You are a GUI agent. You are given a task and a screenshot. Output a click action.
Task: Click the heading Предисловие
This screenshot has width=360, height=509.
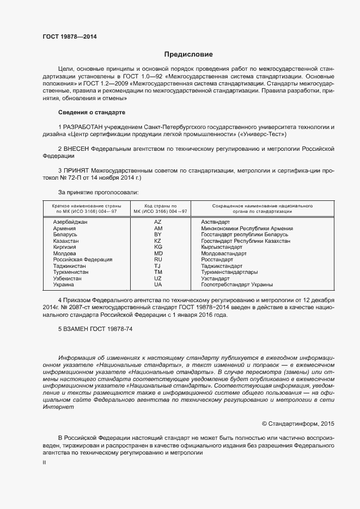tap(189, 54)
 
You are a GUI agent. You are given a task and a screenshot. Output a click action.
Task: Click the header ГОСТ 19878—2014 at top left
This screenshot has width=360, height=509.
tap(70, 36)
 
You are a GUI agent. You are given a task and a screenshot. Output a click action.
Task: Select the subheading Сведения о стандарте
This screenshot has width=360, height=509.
tap(91, 112)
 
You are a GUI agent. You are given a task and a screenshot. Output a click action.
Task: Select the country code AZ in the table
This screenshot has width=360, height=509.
tap(158, 222)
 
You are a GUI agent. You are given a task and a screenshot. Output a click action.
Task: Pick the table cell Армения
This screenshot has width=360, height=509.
tap(64, 229)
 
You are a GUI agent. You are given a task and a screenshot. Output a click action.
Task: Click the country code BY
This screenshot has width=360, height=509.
tap(158, 235)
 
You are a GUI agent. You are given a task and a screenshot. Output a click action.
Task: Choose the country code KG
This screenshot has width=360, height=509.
tap(158, 247)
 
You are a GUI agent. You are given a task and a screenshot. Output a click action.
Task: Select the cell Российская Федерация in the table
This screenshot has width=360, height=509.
tap(82, 260)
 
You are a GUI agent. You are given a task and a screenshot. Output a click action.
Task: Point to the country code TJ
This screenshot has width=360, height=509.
tap(158, 266)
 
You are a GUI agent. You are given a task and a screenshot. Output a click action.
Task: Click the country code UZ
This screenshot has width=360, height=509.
tap(158, 279)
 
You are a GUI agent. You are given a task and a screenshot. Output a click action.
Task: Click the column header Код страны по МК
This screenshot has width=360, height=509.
tap(158, 209)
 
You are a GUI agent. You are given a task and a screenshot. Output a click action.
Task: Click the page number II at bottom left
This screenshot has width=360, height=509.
tap(44, 462)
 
